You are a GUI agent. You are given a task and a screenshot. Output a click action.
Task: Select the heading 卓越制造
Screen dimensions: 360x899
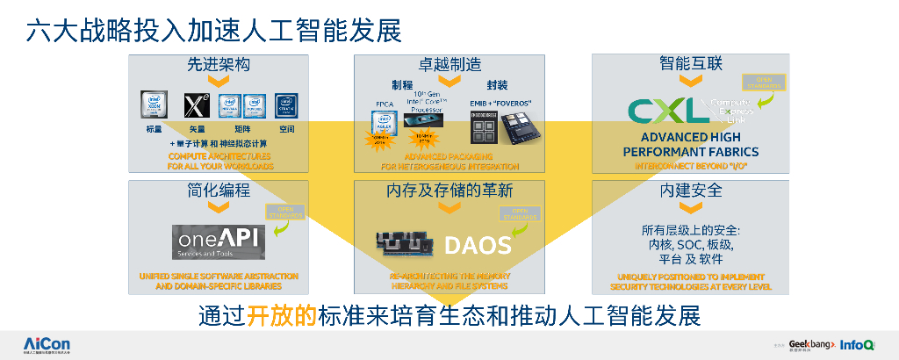(x=449, y=65)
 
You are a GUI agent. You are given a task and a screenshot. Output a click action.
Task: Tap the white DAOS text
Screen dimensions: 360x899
(x=477, y=244)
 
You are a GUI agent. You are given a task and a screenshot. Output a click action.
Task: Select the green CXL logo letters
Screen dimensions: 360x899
(x=667, y=111)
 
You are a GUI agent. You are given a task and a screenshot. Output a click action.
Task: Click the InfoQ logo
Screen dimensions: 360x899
(x=856, y=344)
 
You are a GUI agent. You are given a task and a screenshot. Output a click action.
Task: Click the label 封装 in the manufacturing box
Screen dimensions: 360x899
(x=497, y=86)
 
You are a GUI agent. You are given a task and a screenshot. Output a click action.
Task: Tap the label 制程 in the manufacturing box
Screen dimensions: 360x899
(x=402, y=86)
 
